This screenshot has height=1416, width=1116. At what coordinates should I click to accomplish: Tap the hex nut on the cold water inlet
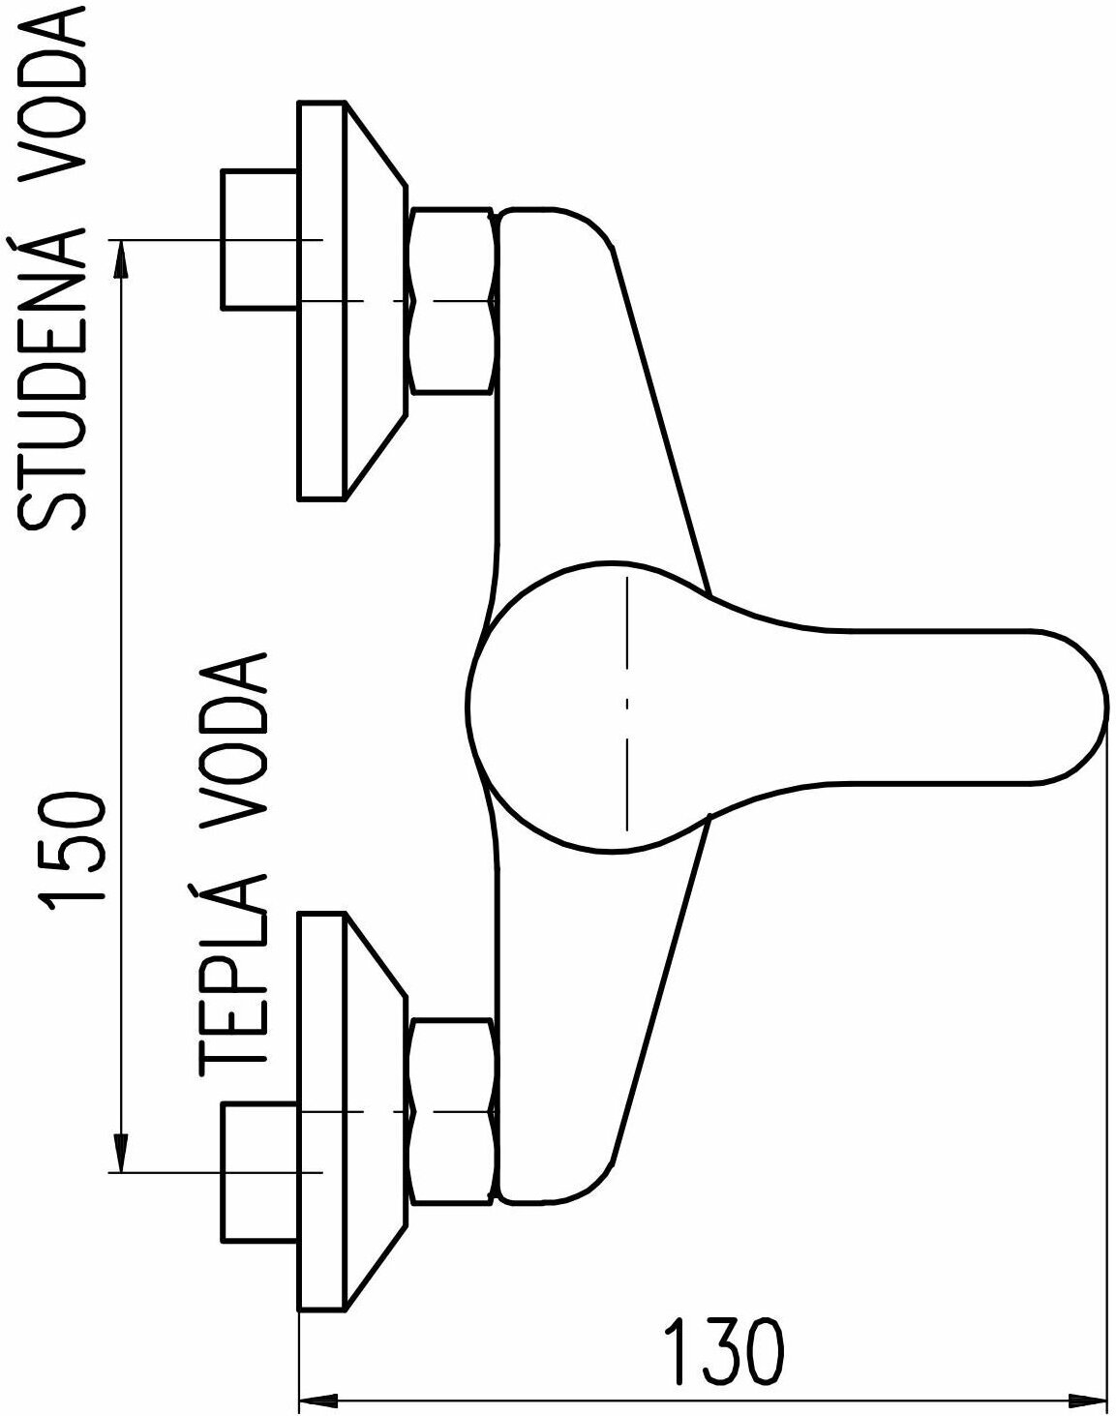[452, 300]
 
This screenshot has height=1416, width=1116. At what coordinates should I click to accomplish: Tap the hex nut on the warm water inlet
[452, 1110]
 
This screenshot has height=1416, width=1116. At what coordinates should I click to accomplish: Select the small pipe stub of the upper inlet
[257, 239]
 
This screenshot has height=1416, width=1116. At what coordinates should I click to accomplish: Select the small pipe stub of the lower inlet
[257, 1171]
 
